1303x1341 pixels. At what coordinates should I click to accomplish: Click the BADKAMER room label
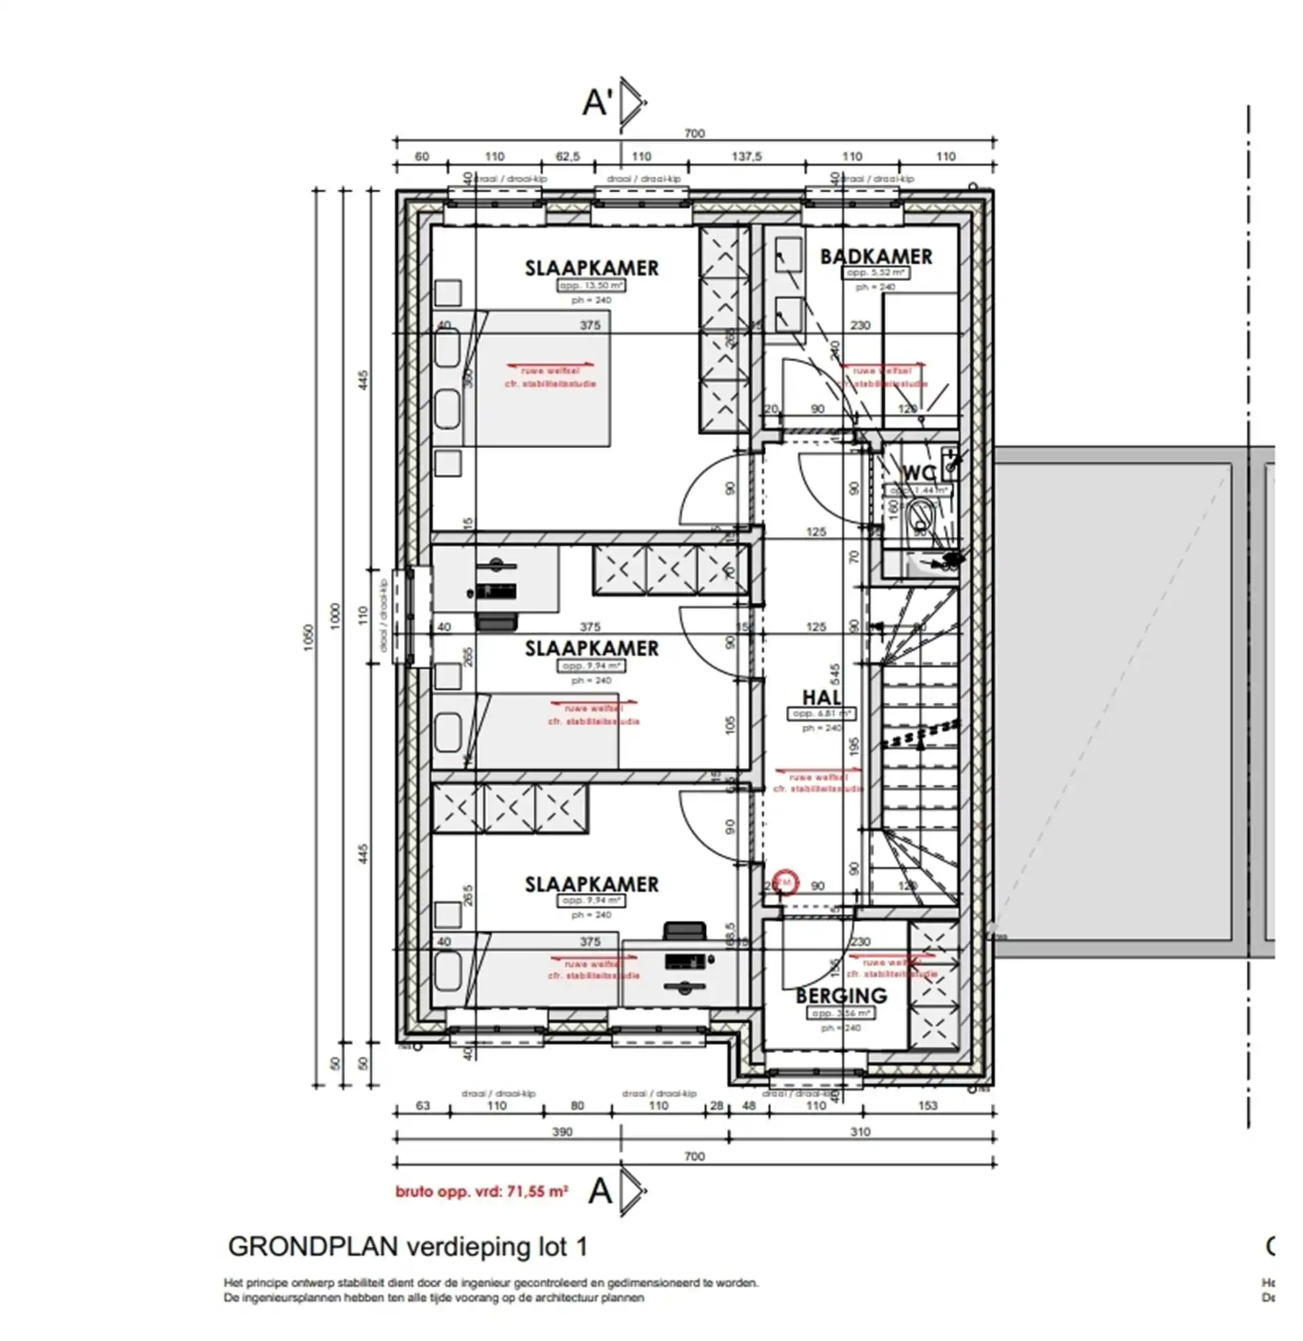point(875,257)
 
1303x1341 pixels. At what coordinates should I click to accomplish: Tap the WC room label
point(919,473)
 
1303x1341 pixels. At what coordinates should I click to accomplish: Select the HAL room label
point(821,697)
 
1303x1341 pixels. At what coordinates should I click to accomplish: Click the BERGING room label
point(841,995)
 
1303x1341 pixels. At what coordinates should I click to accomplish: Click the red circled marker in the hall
point(785,882)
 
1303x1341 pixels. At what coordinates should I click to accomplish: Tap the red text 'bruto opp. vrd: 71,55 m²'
point(482,1192)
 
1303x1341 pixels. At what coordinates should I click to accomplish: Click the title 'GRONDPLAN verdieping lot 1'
point(407,1247)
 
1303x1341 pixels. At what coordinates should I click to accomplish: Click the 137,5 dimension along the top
point(746,157)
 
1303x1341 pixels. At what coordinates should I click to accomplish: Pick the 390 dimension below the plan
point(562,1132)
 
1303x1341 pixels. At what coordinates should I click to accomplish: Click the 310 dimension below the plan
point(860,1132)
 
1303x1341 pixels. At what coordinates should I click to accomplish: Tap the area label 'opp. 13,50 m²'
point(591,285)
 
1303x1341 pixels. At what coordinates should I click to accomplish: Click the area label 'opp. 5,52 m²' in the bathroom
point(875,272)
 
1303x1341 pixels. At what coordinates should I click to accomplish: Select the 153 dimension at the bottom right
point(927,1105)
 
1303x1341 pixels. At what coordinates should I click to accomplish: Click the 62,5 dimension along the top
point(567,157)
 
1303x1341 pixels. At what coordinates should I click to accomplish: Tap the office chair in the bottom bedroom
point(684,931)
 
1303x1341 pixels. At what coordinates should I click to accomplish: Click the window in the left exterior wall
point(402,616)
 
